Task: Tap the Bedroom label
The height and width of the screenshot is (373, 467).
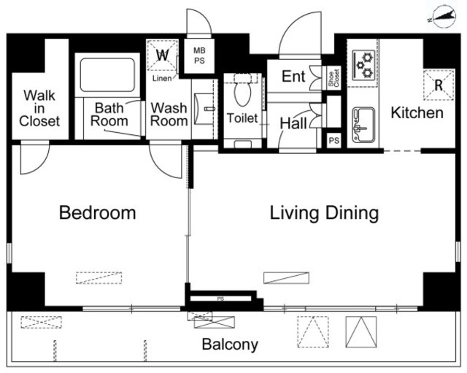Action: click(97, 212)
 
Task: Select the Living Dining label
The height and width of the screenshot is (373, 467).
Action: click(324, 213)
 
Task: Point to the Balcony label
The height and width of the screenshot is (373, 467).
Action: click(230, 345)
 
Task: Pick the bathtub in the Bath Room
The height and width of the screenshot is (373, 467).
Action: click(107, 75)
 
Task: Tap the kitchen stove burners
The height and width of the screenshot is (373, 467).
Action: click(363, 65)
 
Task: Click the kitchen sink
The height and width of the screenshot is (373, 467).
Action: click(363, 125)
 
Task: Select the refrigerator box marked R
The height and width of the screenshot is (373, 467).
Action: click(439, 85)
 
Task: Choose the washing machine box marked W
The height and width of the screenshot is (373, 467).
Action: click(162, 55)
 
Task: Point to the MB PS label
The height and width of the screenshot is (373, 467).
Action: click(199, 55)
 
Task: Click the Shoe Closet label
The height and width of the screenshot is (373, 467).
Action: click(333, 78)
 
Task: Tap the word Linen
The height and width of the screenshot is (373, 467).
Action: click(162, 78)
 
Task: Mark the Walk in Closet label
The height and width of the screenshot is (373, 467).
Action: click(39, 108)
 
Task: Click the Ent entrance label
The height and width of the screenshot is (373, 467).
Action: click(293, 76)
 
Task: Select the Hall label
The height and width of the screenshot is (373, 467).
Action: click(293, 123)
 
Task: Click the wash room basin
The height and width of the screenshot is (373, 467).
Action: click(204, 109)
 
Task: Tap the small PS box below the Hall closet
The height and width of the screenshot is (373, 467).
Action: click(334, 140)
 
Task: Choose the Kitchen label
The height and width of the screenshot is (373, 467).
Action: click(417, 113)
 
